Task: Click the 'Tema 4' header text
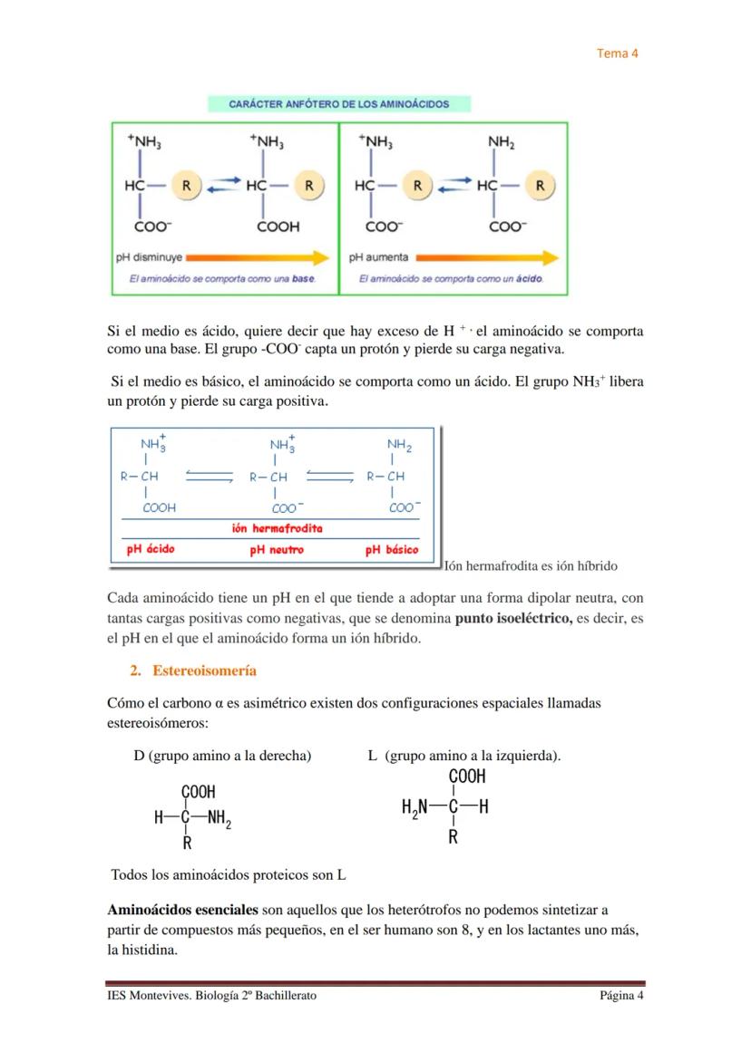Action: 617,53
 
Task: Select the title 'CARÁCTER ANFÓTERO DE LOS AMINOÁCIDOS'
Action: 338,104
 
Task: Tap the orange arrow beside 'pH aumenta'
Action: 487,257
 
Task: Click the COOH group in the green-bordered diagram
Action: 278,227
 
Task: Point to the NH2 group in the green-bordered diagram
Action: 502,142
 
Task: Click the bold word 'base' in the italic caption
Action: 303,278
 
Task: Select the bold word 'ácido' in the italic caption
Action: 529,278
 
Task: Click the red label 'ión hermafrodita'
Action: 277,528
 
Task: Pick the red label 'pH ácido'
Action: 150,549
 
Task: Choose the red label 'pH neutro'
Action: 277,549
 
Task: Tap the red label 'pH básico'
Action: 392,549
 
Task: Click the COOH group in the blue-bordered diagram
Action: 159,508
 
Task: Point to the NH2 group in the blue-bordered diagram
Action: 399,445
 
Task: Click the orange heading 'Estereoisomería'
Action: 204,670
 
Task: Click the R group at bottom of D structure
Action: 187,844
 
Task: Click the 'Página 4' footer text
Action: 620,996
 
